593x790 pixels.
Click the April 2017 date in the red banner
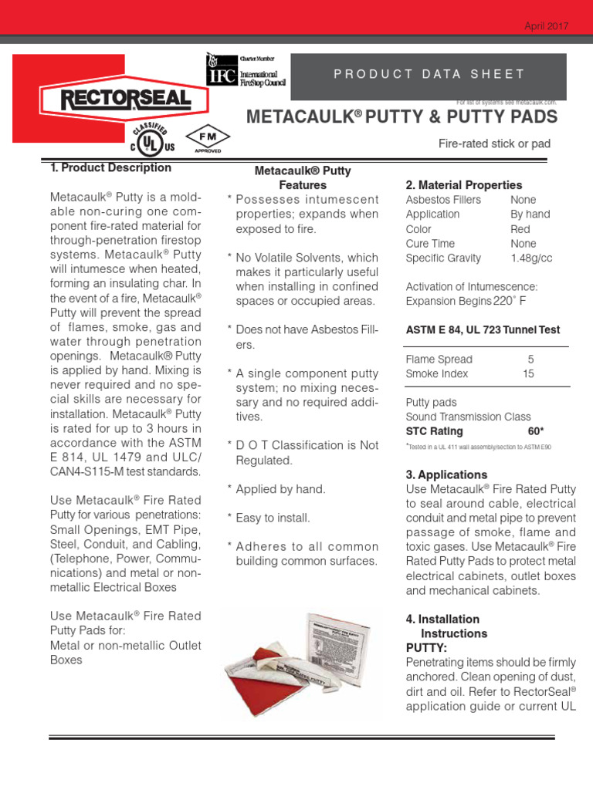point(546,25)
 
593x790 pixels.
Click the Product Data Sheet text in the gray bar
point(429,74)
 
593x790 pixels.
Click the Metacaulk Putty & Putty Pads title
point(401,116)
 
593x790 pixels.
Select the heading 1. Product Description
point(110,167)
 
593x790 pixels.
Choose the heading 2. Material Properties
point(463,185)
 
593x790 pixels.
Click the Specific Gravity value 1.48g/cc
point(531,258)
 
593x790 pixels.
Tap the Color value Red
point(520,229)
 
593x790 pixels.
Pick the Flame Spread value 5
point(530,359)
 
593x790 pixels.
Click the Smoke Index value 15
point(529,373)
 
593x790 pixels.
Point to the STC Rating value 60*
point(536,431)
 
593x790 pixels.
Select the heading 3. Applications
point(446,474)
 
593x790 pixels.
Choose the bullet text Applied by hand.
point(280,489)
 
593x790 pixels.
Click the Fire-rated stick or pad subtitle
point(494,143)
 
